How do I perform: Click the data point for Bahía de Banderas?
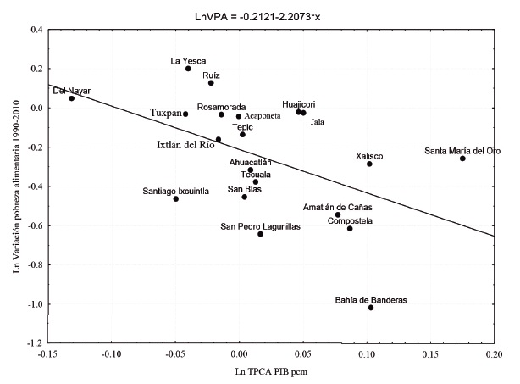(x=371, y=308)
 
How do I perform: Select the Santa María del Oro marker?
(x=462, y=159)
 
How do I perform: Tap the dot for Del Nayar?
(x=72, y=98)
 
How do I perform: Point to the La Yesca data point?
(x=188, y=69)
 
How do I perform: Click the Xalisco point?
(x=369, y=164)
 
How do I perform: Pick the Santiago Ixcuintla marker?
(x=176, y=198)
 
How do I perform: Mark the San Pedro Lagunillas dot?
(x=260, y=233)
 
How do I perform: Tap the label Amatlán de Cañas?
(x=338, y=206)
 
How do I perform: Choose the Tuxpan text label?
(x=165, y=113)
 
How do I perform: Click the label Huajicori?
(x=303, y=103)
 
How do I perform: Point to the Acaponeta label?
(x=268, y=116)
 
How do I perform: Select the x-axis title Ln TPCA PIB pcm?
(x=271, y=372)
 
